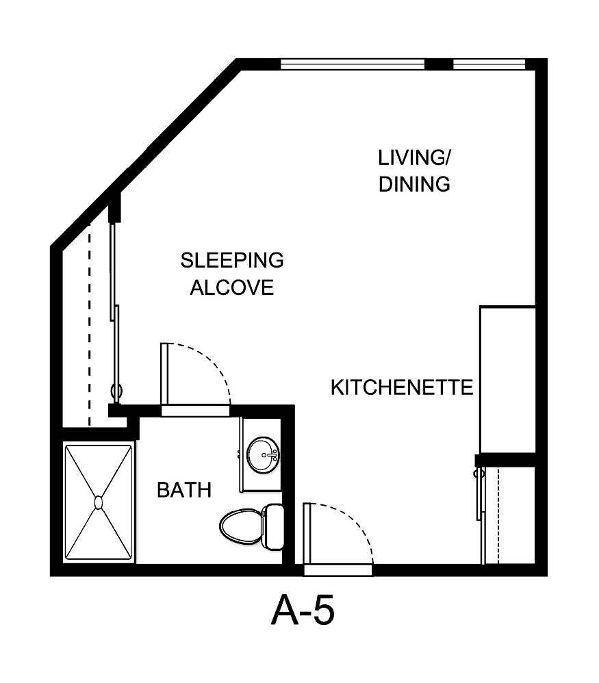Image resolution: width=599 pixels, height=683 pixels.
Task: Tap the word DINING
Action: (x=415, y=184)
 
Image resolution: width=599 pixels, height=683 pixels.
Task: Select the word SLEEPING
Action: (x=231, y=260)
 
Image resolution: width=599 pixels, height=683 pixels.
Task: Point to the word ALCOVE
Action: (x=231, y=287)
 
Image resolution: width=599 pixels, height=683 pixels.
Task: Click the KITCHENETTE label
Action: (x=402, y=388)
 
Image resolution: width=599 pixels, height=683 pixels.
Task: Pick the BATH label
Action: (x=183, y=490)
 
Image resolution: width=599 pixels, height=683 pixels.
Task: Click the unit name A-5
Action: (x=303, y=610)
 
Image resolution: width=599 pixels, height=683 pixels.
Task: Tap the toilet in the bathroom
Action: (x=243, y=526)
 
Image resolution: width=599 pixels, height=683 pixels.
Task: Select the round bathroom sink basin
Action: (x=263, y=454)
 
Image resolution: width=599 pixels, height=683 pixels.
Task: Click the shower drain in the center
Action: (x=99, y=503)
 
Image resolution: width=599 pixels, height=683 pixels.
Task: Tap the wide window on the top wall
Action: (x=353, y=64)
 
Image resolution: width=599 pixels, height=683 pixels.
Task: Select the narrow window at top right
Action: (x=489, y=64)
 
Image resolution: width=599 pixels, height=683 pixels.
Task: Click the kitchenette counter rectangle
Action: (x=507, y=379)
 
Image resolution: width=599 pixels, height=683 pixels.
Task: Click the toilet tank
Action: (x=275, y=526)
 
